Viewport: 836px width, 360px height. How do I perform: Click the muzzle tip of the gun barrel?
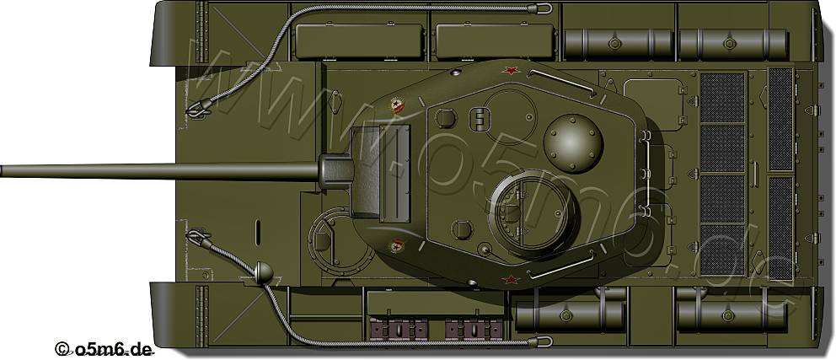click(x=3, y=170)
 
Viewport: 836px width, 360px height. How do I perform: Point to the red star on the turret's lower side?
click(x=508, y=279)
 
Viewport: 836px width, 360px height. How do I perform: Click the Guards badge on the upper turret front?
click(x=397, y=106)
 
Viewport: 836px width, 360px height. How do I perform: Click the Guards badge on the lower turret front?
click(x=397, y=245)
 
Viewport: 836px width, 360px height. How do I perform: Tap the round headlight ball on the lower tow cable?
click(x=263, y=271)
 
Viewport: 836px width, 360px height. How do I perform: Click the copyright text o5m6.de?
click(x=104, y=348)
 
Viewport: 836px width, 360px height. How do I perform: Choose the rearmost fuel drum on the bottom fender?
click(x=730, y=315)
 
